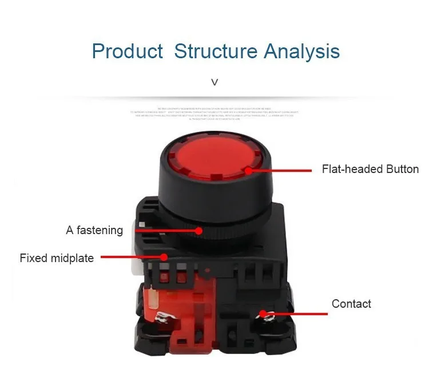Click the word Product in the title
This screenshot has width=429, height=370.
(x=127, y=51)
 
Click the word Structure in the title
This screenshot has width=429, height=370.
(x=216, y=51)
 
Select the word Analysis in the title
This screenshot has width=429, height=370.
(x=302, y=51)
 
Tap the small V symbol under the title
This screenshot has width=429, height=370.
(x=214, y=82)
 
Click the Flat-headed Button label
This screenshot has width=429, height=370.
(x=370, y=169)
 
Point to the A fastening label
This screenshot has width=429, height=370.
(x=94, y=231)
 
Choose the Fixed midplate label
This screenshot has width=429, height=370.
(x=57, y=258)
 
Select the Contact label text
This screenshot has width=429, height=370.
(x=351, y=304)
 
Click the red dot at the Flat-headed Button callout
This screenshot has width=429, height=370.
(x=248, y=170)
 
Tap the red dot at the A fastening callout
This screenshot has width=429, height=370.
(x=198, y=231)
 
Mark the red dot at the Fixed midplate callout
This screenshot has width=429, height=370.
(x=165, y=258)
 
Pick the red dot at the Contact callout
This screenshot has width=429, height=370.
(x=263, y=313)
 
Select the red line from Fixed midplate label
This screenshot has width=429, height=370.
(x=132, y=258)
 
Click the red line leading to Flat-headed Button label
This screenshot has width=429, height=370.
(x=280, y=170)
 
